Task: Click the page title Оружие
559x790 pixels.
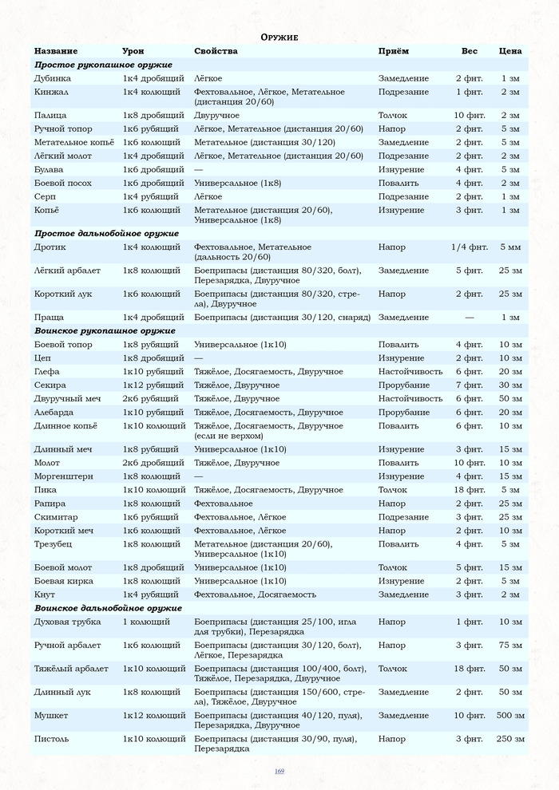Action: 279,38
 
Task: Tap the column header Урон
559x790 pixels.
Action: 133,51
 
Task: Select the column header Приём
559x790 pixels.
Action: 393,51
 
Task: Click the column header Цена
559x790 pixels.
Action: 510,51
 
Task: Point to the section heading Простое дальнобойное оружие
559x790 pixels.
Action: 106,234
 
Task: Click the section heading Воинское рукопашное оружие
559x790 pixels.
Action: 105,330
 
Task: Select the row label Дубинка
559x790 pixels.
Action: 52,78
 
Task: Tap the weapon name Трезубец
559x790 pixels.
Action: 54,544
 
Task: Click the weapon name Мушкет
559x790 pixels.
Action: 51,716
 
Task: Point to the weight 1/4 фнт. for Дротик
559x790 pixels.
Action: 469,247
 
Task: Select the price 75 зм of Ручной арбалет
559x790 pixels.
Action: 510,645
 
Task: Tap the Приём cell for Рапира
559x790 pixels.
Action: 391,504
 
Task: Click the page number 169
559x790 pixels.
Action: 279,771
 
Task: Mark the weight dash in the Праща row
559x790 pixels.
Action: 469,318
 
